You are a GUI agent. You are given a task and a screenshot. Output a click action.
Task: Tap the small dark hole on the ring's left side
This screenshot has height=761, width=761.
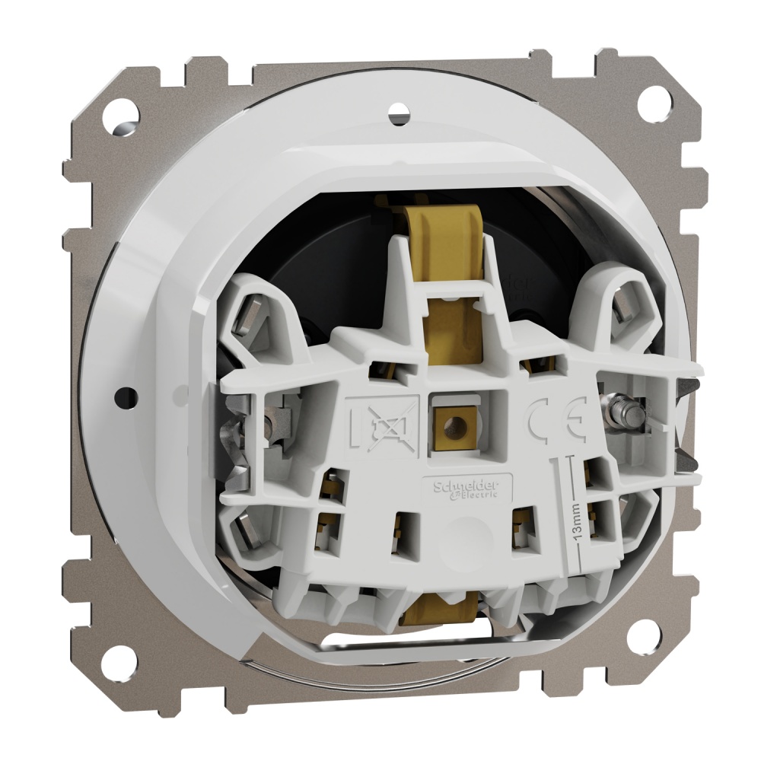click(126, 396)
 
